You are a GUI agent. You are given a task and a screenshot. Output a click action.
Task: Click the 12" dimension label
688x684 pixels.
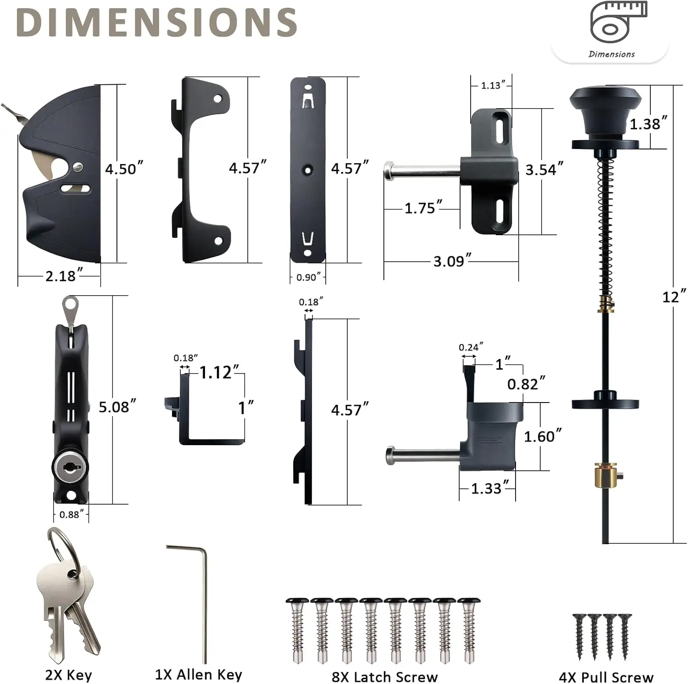[x=674, y=297]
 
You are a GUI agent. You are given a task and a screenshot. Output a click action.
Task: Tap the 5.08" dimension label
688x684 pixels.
[x=117, y=406]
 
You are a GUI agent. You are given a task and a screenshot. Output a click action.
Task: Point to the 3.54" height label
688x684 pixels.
[x=544, y=169]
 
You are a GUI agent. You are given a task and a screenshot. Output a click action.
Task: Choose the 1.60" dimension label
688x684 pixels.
[x=543, y=436]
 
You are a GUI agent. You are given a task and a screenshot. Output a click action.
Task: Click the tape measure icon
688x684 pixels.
[x=618, y=22]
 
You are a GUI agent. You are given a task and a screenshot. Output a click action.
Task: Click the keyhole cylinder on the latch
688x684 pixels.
[x=70, y=467]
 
